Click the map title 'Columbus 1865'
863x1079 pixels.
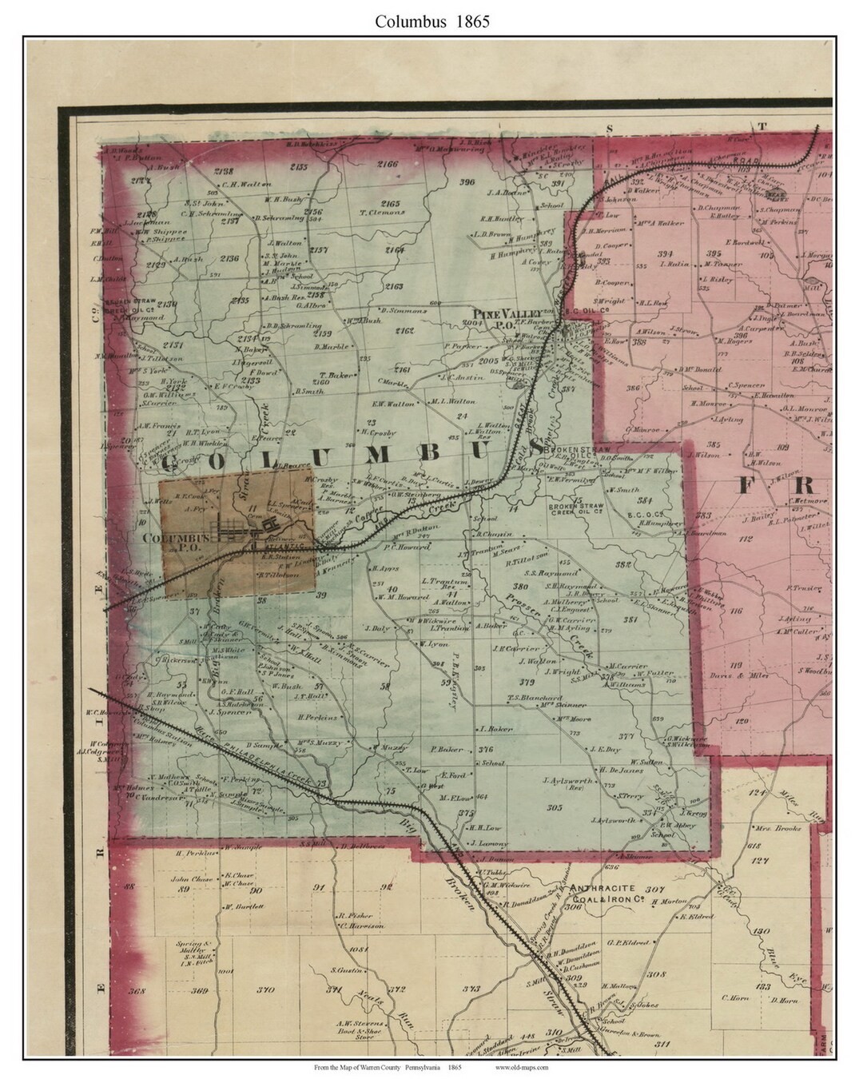[432, 22]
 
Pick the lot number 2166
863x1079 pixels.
[388, 164]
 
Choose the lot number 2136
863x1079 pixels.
[229, 258]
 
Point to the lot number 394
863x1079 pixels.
[664, 253]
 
